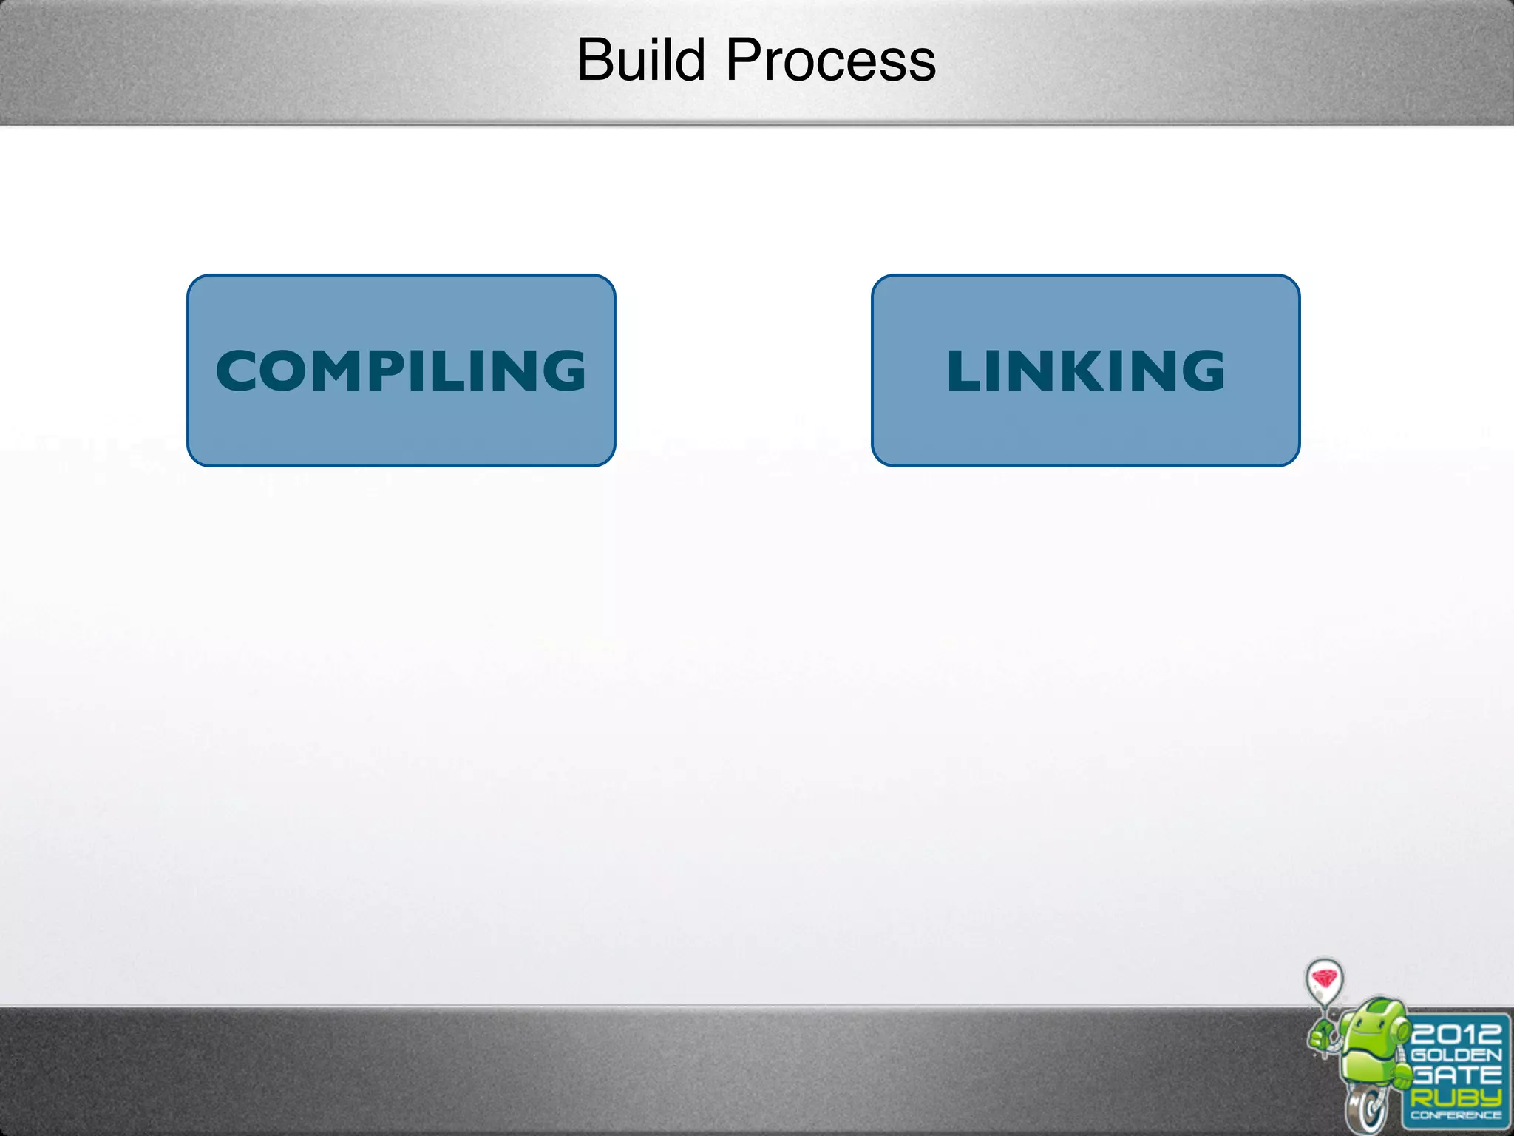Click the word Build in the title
point(641,60)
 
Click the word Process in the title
point(831,60)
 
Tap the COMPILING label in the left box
point(401,371)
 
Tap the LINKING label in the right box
point(1085,371)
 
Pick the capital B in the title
point(596,60)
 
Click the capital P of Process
point(743,60)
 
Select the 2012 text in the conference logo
point(1455,1032)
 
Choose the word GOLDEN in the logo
point(1456,1055)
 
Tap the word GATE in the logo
point(1456,1075)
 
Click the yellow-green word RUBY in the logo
point(1456,1097)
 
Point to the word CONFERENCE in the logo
point(1456,1115)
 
